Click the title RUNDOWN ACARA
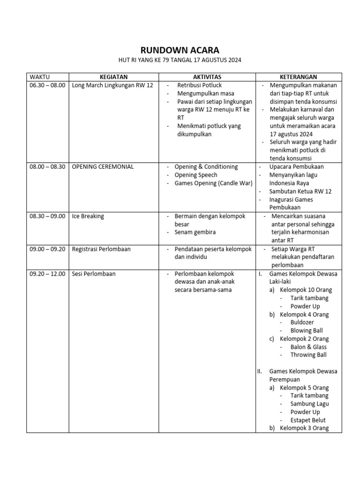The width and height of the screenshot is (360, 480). (180, 51)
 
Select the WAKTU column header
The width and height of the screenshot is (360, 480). (40, 77)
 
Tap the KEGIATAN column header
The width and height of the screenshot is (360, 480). (113, 77)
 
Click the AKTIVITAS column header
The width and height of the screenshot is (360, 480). (207, 77)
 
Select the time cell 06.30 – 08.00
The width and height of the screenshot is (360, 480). (47, 85)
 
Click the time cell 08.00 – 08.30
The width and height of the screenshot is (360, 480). (47, 167)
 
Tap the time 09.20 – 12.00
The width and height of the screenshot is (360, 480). (47, 274)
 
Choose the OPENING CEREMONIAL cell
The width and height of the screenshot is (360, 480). (103, 167)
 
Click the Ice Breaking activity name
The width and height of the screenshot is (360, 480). (88, 217)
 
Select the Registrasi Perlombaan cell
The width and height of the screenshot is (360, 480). (101, 249)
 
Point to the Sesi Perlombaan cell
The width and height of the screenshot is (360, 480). (94, 274)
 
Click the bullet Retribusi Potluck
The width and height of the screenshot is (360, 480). (199, 85)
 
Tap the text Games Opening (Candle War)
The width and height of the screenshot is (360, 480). (213, 183)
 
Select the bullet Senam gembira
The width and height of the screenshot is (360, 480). (195, 232)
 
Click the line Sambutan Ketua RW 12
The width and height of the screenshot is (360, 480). (300, 192)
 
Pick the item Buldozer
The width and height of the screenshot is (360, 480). (302, 322)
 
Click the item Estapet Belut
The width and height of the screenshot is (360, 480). (307, 420)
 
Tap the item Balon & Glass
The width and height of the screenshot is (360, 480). (308, 347)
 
